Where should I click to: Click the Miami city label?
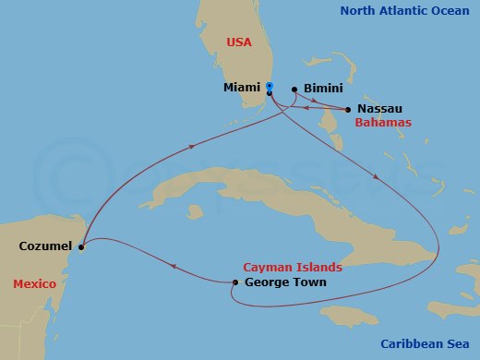tap(242, 88)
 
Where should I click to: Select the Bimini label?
tap(322, 89)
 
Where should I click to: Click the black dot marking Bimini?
tap(294, 90)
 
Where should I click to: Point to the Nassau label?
tap(381, 109)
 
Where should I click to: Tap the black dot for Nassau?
tap(348, 110)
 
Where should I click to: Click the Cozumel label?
tap(44, 246)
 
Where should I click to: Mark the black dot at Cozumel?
tap(82, 246)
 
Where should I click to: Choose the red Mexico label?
tap(35, 282)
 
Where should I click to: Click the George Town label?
tap(287, 282)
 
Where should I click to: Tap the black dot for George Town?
tap(234, 282)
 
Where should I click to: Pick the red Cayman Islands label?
tap(293, 267)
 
